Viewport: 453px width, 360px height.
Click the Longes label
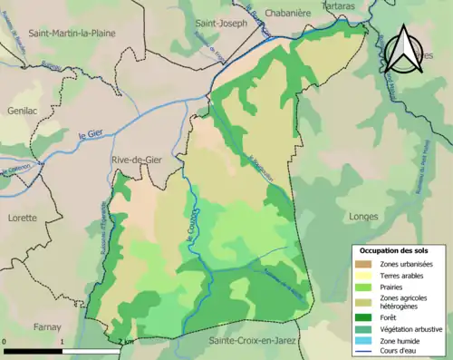coord(364,217)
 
